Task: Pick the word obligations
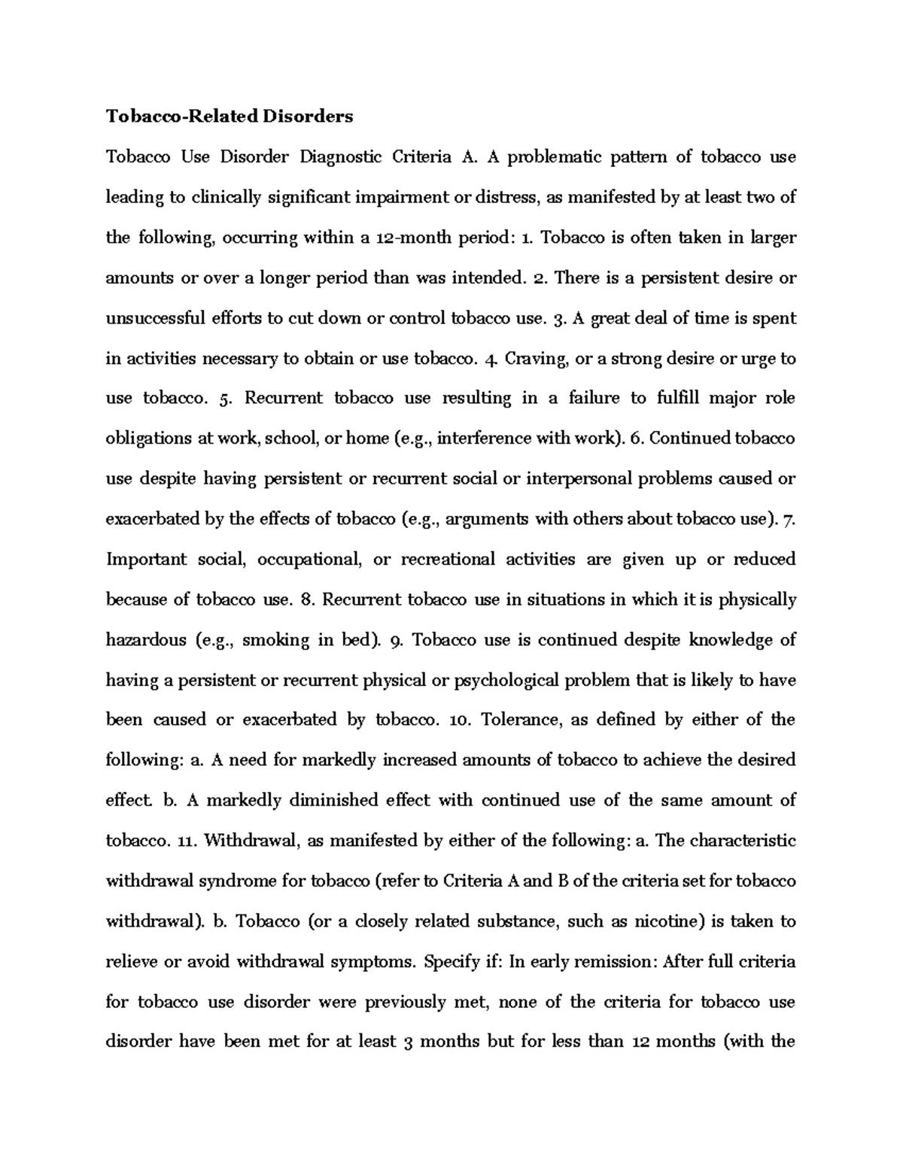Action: click(149, 438)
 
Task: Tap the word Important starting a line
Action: click(146, 560)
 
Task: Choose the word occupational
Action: click(311, 560)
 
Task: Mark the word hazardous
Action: click(146, 640)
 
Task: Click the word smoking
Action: click(275, 640)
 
